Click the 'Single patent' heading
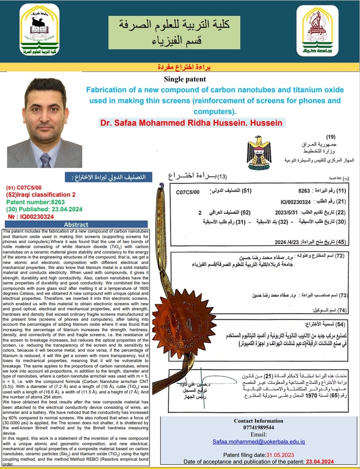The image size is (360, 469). click(x=184, y=79)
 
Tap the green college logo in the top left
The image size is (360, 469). click(x=40, y=31)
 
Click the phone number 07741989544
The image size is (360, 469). click(x=259, y=428)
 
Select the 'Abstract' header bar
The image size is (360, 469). click(x=76, y=224)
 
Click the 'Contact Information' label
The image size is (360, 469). click(x=259, y=420)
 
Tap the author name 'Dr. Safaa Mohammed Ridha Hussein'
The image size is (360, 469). click(x=190, y=123)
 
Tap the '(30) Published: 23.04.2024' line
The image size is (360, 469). click(x=44, y=209)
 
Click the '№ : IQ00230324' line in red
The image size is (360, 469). click(x=30, y=216)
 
